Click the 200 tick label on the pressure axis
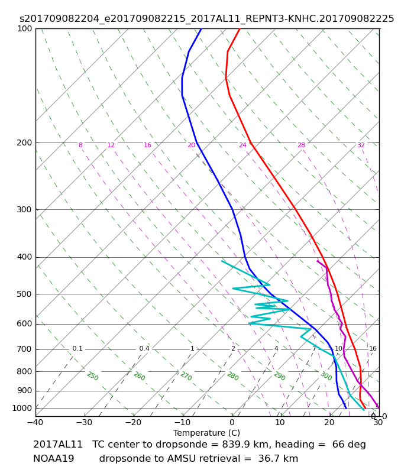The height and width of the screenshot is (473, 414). [x=24, y=142]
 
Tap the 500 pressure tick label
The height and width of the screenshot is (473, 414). [x=24, y=294]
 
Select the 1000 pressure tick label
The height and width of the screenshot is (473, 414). [x=22, y=408]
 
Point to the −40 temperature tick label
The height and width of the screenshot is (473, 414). [x=35, y=422]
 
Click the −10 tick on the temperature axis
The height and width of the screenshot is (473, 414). [x=183, y=422]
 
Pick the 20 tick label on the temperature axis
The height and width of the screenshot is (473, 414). [x=329, y=422]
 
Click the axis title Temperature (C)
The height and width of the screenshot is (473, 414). [x=206, y=433]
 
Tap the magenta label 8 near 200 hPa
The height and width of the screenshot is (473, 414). [x=80, y=145]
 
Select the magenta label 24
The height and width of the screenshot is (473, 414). [x=242, y=145]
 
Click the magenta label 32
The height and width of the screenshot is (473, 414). [x=361, y=145]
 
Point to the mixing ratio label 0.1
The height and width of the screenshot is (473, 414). [x=77, y=349]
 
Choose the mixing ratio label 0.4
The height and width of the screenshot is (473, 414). [x=144, y=349]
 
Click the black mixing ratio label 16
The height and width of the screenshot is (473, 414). [x=373, y=349]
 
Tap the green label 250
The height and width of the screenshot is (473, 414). [x=93, y=376]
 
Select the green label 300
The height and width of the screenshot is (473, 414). [x=326, y=376]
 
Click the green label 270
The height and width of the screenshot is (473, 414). [x=186, y=376]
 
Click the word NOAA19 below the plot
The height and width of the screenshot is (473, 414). [x=54, y=459]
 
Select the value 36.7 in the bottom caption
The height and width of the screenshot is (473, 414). [x=268, y=459]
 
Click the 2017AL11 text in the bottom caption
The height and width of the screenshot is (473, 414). [x=57, y=445]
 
